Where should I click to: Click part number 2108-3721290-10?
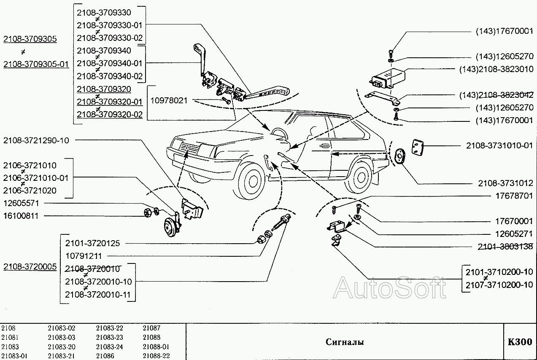(x=36, y=140)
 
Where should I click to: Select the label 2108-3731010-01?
(x=499, y=145)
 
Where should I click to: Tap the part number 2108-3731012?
(x=505, y=183)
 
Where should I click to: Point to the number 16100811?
(x=21, y=216)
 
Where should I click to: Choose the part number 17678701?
(x=513, y=196)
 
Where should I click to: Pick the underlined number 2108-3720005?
(x=30, y=266)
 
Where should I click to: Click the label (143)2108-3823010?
(x=496, y=69)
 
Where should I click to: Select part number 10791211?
(x=84, y=256)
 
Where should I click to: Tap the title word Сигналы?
(x=344, y=342)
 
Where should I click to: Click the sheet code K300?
(x=520, y=342)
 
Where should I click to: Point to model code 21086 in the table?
(x=105, y=356)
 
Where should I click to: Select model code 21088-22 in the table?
(x=156, y=356)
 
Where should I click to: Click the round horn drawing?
(x=171, y=229)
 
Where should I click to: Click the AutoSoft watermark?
(x=389, y=287)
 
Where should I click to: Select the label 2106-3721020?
(x=30, y=191)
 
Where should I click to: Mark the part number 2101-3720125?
(x=92, y=243)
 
